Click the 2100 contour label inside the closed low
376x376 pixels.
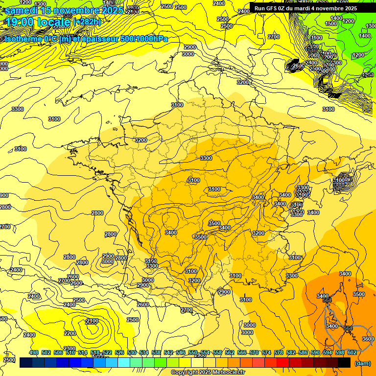pyautogui.click(x=92, y=321)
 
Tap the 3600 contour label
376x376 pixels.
pyautogui.click(x=368, y=339)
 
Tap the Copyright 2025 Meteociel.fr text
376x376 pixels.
pyautogui.click(x=208, y=373)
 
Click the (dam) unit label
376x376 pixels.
pyautogui.click(x=362, y=363)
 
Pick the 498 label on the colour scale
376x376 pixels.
pyautogui.click(x=34, y=352)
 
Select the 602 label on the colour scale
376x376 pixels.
pyautogui.click(x=352, y=352)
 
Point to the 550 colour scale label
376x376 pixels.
pyautogui.click(x=193, y=352)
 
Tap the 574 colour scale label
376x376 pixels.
pyautogui.click(x=266, y=352)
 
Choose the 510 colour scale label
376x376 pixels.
pyautogui.click(x=70, y=352)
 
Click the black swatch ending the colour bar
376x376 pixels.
pyautogui.click(x=344, y=363)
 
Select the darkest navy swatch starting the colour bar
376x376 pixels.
pyautogui.click(x=26, y=363)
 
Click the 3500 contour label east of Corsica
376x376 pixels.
pyautogui.click(x=358, y=294)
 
